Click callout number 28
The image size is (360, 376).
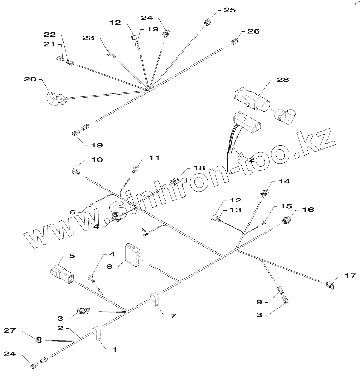click(283, 80)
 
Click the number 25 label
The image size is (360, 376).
click(230, 10)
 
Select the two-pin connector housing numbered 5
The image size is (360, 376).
click(62, 273)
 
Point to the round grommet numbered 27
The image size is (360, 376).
click(39, 340)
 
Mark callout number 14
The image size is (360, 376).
click(284, 181)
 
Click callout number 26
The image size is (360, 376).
click(253, 31)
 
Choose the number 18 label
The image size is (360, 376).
click(199, 168)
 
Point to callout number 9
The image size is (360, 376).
click(259, 302)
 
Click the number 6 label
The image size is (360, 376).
click(72, 212)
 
